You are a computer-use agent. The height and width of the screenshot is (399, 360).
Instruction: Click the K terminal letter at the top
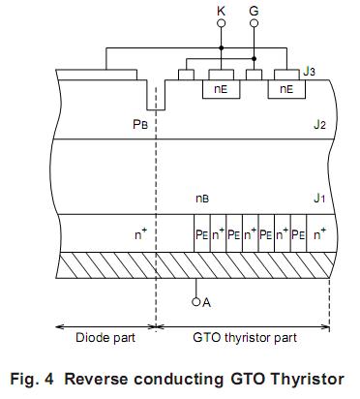223,12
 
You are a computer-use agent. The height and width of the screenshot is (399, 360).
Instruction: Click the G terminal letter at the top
254,12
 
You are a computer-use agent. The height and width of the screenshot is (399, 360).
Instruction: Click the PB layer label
139,125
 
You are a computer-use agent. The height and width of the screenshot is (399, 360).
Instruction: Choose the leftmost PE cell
201,233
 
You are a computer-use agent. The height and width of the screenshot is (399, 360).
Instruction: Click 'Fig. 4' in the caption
33,378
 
